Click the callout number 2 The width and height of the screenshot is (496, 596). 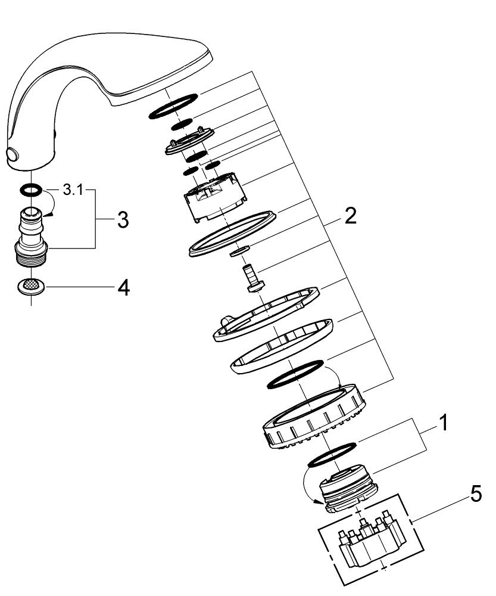350,216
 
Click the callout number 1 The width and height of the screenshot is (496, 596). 442,424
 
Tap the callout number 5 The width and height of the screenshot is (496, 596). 476,494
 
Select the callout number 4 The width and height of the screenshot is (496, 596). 123,288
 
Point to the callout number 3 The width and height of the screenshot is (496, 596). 122,220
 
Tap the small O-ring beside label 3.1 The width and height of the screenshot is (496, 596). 30,190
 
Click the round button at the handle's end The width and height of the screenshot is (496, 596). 13,156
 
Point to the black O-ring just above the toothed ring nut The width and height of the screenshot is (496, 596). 294,373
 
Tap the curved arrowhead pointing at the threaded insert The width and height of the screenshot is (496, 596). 326,504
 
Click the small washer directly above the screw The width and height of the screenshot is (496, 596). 241,250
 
